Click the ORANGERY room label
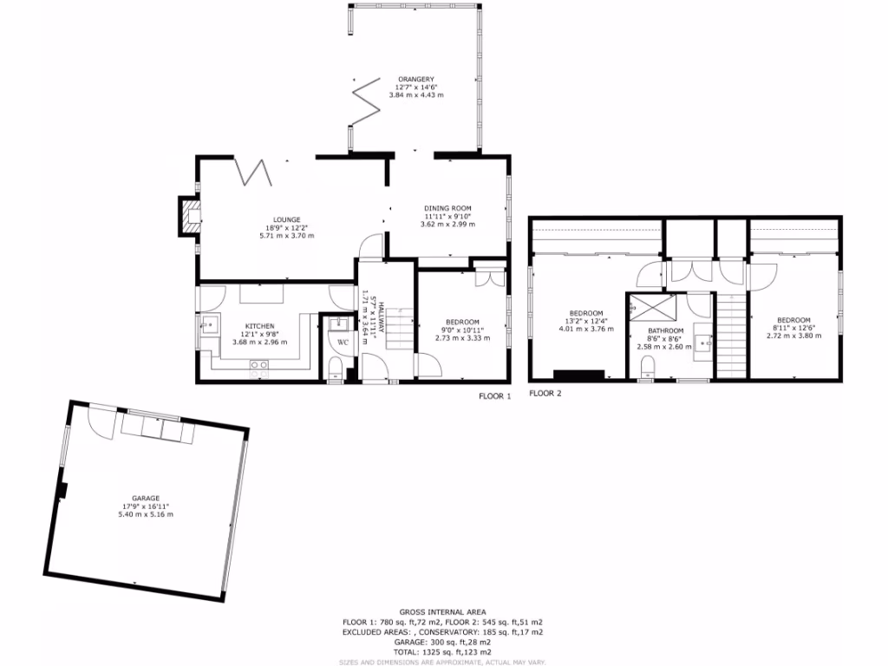(x=416, y=79)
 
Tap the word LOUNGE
(x=286, y=219)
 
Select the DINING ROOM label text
(x=447, y=208)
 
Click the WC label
(x=343, y=343)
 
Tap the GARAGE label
(x=147, y=498)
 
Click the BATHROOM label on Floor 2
(x=665, y=330)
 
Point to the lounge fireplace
(x=188, y=217)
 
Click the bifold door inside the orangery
(x=366, y=102)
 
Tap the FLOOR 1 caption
(x=495, y=395)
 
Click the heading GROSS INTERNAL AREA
(x=443, y=611)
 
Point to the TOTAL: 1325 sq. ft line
(x=443, y=651)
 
